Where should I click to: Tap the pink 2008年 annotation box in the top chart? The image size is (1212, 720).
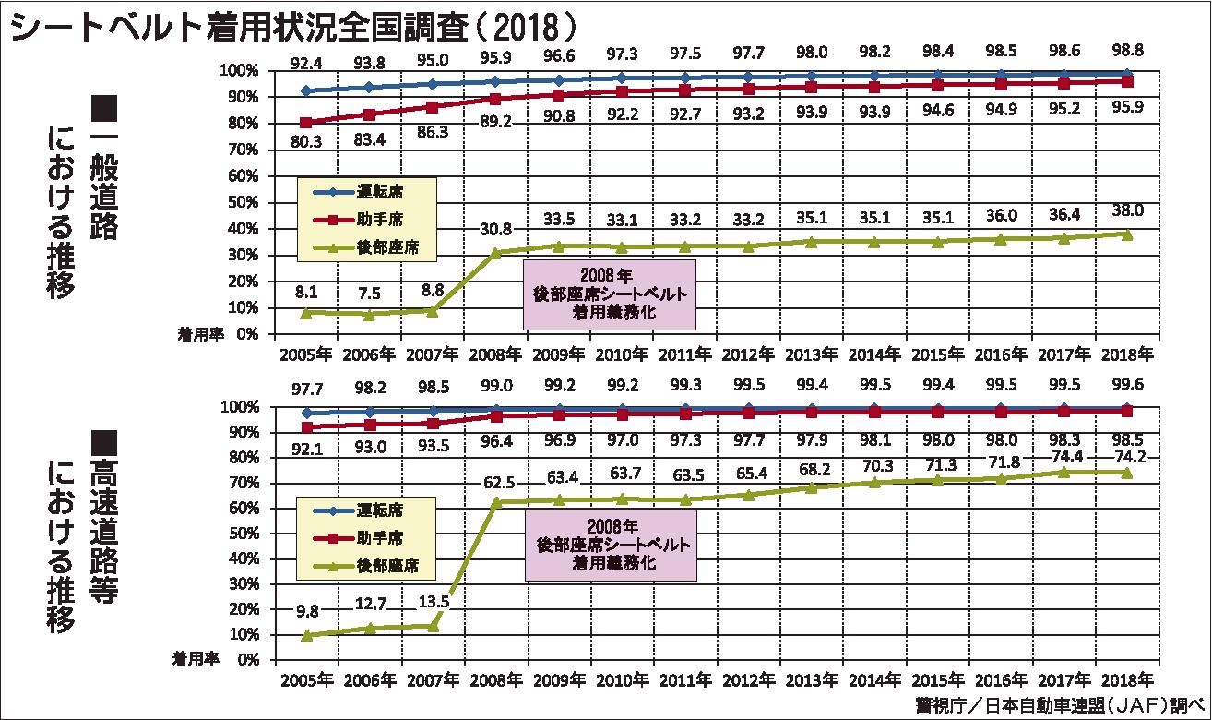pos(609,294)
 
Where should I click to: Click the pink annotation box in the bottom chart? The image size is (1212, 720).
pos(609,546)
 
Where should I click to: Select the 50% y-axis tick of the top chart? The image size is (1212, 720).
pos(244,202)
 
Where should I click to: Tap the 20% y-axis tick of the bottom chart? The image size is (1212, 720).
pos(244,609)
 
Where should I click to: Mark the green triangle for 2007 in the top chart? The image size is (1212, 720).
pos(431,310)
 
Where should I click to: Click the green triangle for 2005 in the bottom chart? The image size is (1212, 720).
pos(304,635)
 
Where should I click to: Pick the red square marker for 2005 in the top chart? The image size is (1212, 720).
pos(304,122)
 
